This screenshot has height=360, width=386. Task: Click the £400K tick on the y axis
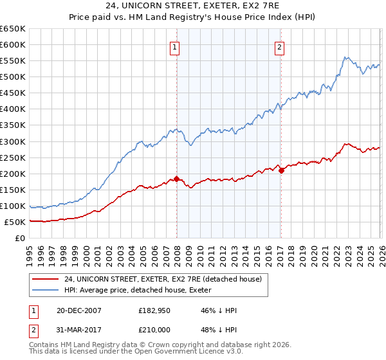(13, 109)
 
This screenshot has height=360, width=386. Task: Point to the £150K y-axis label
(13, 190)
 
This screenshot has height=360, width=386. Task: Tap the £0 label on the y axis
(20, 239)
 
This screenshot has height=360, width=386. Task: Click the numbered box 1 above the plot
(175, 46)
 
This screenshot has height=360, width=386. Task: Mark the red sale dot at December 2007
(176, 179)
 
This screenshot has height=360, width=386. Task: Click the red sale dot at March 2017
(281, 170)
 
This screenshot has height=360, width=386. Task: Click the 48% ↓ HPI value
(218, 332)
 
